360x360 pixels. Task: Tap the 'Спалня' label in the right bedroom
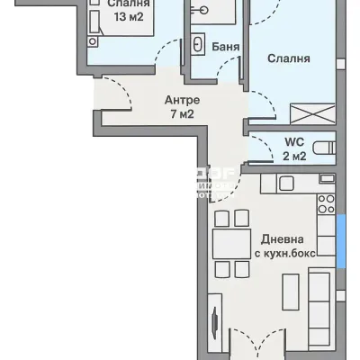[x=289, y=58]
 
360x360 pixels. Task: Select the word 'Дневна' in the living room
[x=282, y=239]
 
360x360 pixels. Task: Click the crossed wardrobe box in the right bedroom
[x=309, y=112]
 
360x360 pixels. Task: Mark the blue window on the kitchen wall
[x=341, y=240]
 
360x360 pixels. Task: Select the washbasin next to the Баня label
[x=198, y=45]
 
